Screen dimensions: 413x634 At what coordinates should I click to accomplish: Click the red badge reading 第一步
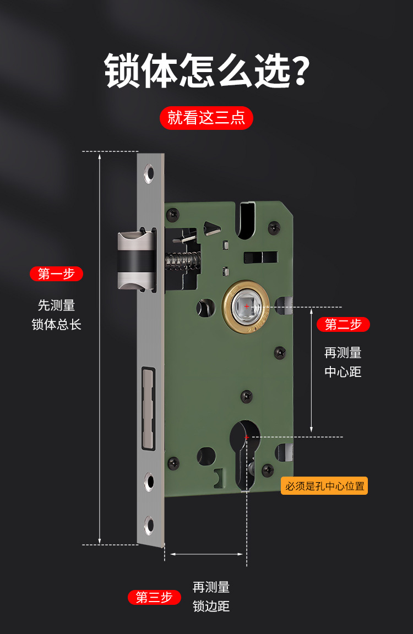pyautogui.click(x=56, y=274)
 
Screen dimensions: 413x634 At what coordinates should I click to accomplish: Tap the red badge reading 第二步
pyautogui.click(x=343, y=324)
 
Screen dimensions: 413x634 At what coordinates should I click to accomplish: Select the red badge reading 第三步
pyautogui.click(x=154, y=597)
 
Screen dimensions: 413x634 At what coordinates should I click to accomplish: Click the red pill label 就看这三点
pyautogui.click(x=206, y=118)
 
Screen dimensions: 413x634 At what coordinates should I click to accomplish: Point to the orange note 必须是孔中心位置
pyautogui.click(x=324, y=485)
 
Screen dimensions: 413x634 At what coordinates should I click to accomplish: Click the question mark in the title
pyautogui.click(x=301, y=72)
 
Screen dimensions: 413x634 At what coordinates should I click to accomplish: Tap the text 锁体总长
pyautogui.click(x=56, y=324)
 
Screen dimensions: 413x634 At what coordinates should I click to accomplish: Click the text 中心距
pyautogui.click(x=343, y=372)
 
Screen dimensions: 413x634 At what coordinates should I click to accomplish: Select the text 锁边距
pyautogui.click(x=211, y=606)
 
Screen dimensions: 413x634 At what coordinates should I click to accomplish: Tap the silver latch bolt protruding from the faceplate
pyautogui.click(x=137, y=261)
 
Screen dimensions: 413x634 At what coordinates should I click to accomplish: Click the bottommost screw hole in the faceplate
pyautogui.click(x=149, y=525)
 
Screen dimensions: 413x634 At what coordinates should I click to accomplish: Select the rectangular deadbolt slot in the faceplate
pyautogui.click(x=149, y=409)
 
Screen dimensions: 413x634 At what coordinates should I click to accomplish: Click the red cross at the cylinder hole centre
pyautogui.click(x=246, y=437)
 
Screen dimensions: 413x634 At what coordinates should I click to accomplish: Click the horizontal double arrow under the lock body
pyautogui.click(x=206, y=554)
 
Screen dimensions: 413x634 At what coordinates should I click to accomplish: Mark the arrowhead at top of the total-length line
pyautogui.click(x=100, y=156)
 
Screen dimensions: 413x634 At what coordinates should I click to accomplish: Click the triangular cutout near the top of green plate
pyautogui.click(x=211, y=228)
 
